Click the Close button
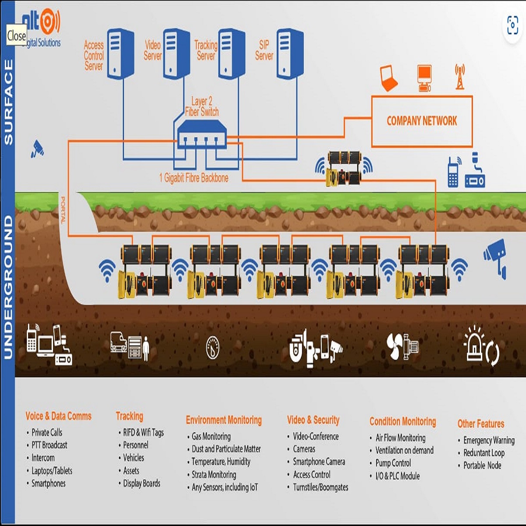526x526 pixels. [17, 36]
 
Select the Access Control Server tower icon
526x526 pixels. [120, 53]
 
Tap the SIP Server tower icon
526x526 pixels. [289, 53]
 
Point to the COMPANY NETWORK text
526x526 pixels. [422, 121]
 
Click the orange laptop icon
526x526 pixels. [388, 78]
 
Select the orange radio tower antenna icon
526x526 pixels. [459, 77]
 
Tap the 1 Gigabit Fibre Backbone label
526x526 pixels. [194, 178]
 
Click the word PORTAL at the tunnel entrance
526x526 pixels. [63, 210]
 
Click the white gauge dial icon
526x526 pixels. [213, 348]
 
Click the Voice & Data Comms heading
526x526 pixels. [58, 416]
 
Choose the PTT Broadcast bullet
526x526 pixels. [49, 445]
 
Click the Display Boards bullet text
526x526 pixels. [142, 483]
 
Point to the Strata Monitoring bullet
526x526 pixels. [213, 474]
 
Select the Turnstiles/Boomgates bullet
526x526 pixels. [320, 487]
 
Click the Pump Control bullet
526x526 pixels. [393, 463]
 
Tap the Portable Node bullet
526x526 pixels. [482, 466]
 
